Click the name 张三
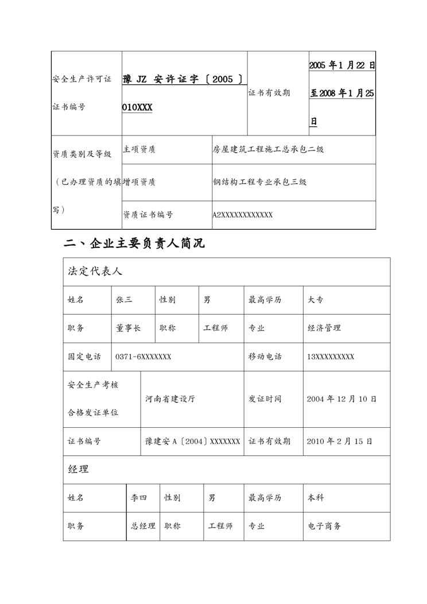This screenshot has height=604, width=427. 124,299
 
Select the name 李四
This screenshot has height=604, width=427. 139,497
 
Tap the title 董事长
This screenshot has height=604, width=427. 128,328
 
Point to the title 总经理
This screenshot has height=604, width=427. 143,526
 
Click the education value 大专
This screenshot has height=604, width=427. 315,299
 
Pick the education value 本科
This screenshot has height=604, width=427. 315,497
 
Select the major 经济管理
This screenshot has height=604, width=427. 324,328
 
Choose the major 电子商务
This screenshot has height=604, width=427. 324,526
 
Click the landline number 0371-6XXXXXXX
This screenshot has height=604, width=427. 143,357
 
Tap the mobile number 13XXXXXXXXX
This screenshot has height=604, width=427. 330,357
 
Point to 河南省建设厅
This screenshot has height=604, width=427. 170,398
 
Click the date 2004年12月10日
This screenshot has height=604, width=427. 341,398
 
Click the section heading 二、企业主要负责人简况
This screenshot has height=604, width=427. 134,244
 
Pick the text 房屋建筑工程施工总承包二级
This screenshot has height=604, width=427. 267,149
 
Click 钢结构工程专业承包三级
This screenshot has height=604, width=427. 259,182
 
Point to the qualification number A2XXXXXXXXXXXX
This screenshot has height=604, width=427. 242,215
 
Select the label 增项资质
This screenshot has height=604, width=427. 139,182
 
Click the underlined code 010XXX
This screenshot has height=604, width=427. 137,107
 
